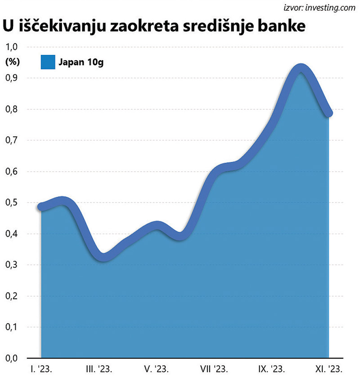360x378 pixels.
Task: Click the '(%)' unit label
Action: (11, 62)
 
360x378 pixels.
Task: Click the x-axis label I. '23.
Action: (41, 369)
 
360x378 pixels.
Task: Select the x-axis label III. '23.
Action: (99, 369)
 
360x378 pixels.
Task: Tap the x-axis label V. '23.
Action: (156, 369)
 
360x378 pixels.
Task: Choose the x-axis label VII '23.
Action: (214, 369)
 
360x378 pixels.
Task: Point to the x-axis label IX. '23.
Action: (271, 369)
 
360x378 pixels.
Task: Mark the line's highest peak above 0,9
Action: (300, 69)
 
